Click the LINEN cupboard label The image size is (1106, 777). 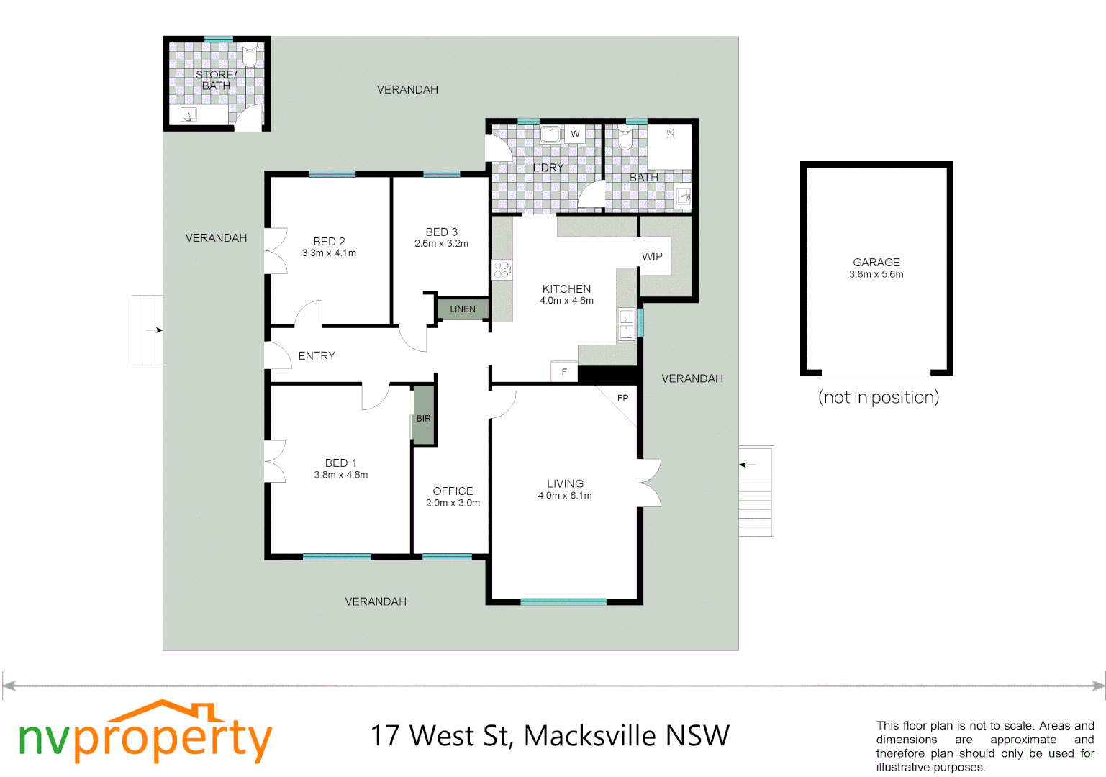[463, 309]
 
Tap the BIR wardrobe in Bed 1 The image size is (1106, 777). [423, 418]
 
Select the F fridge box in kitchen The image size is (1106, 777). [564, 371]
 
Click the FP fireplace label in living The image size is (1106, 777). [622, 398]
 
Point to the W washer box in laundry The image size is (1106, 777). [575, 134]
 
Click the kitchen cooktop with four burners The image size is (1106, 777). [502, 270]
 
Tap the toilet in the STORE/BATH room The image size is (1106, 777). [250, 54]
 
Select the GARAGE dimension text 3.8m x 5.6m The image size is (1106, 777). [876, 274]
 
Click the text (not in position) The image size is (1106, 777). [878, 397]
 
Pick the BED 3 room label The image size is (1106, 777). [441, 232]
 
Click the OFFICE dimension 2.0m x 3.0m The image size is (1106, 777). [453, 503]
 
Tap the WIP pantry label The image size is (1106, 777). [652, 256]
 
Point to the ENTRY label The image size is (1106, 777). [317, 355]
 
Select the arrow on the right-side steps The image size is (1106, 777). [748, 465]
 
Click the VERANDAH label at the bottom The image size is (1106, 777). [376, 601]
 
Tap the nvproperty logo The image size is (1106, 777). [145, 734]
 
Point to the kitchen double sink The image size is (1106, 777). [627, 324]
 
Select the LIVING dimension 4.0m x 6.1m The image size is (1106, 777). [565, 496]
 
